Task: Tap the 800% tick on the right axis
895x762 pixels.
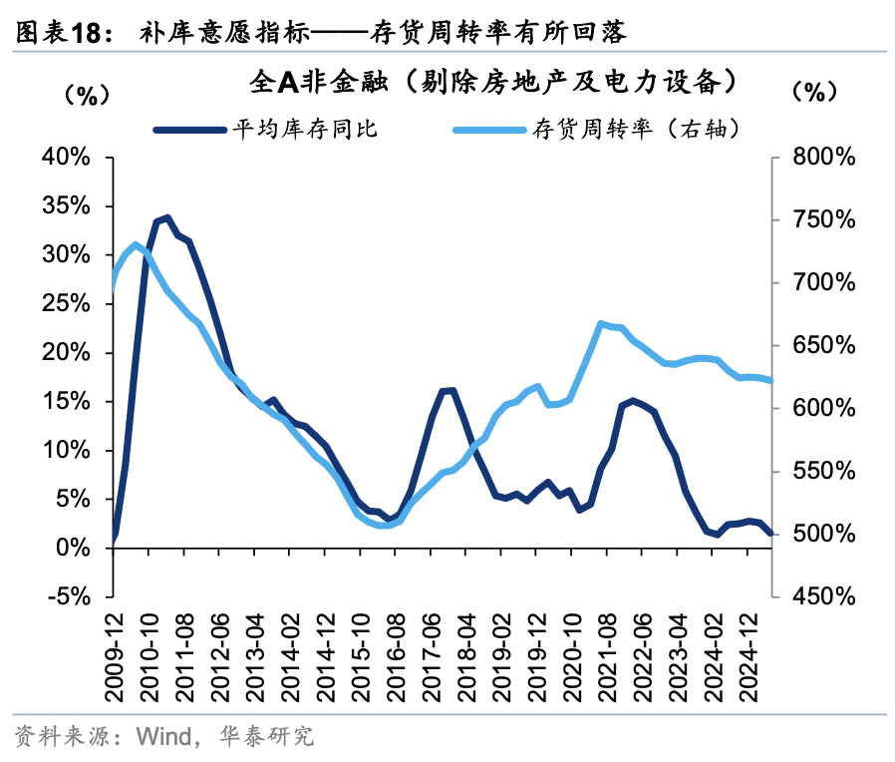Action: pyautogui.click(x=818, y=158)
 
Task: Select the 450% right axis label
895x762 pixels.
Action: pyautogui.click(x=818, y=596)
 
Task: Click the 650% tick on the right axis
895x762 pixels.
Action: pyautogui.click(x=818, y=346)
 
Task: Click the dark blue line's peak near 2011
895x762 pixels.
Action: pyautogui.click(x=167, y=217)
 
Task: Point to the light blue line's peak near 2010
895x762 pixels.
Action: pyautogui.click(x=135, y=243)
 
